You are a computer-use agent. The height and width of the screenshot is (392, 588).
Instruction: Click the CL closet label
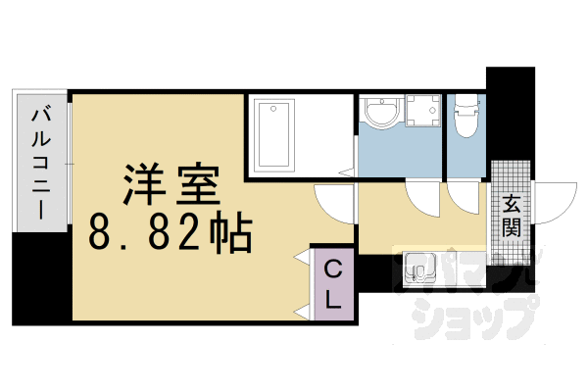(333, 283)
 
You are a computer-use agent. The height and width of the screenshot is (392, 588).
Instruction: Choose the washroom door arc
(428, 200)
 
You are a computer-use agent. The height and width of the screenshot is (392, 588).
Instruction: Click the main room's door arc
(333, 201)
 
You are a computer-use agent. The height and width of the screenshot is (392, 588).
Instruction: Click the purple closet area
(333, 284)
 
